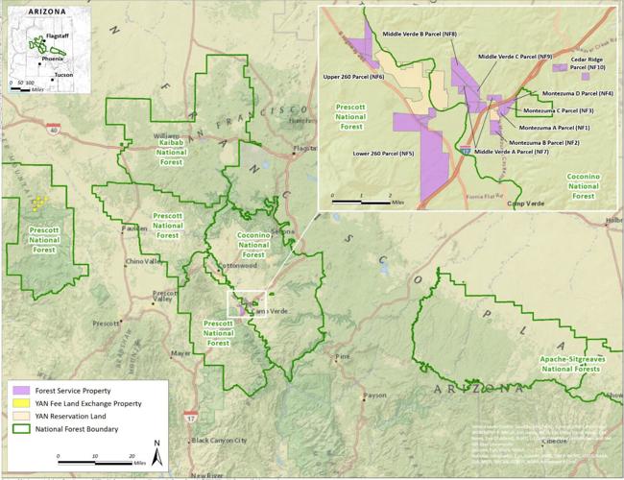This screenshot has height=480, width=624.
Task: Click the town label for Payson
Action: pos(374,395)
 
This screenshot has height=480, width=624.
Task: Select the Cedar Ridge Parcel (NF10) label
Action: pos(588,63)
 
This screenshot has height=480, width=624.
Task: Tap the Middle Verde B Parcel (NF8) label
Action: pos(420,35)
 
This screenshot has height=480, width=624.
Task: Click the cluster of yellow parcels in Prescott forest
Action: pos(38,203)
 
